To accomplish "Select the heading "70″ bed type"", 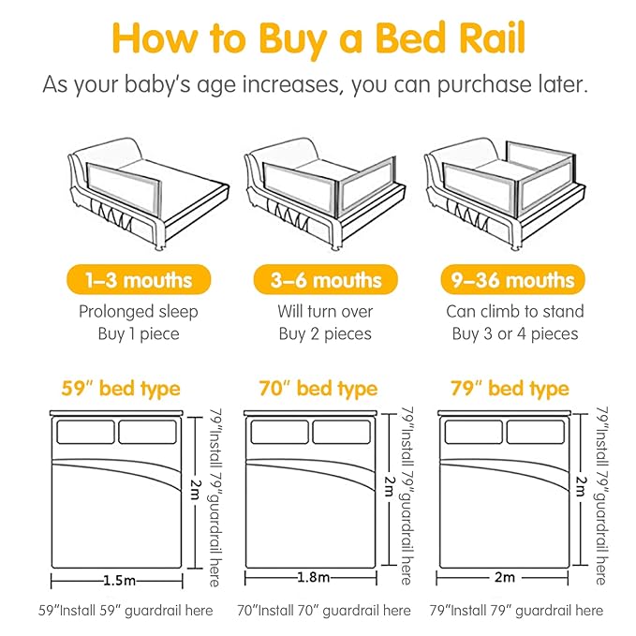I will pyautogui.click(x=311, y=388).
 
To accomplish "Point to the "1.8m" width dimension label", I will pyautogui.click(x=311, y=579).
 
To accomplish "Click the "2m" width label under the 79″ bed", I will pyautogui.click(x=507, y=579).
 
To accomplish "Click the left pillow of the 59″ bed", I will pyautogui.click(x=86, y=431).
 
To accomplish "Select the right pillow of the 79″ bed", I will pyautogui.click(x=536, y=431).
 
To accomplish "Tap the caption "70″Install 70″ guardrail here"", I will pyautogui.click(x=322, y=611).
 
